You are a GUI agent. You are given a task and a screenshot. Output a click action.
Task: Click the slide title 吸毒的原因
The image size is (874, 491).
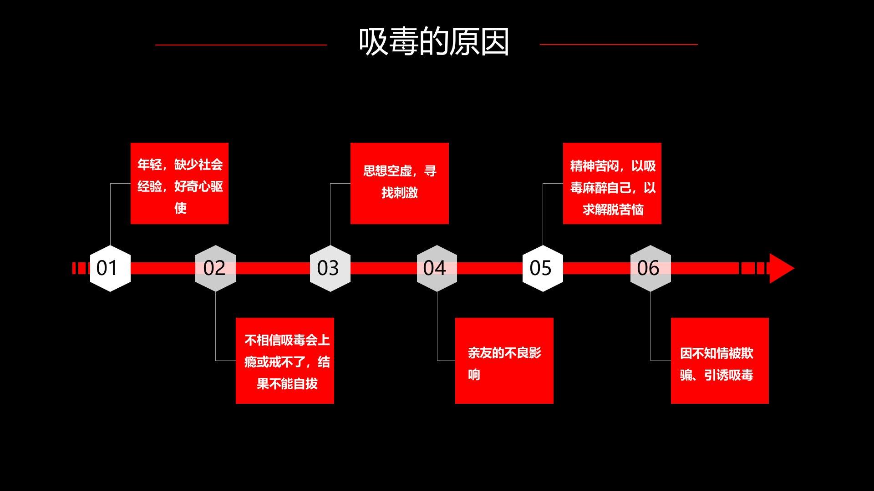433,42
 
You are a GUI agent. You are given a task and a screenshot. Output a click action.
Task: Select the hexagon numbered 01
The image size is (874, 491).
110,268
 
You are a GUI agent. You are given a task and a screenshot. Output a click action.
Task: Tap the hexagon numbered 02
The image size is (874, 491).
215,268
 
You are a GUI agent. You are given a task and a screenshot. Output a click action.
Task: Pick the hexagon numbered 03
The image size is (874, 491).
330,268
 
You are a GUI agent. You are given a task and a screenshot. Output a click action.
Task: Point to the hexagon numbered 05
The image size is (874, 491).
543,268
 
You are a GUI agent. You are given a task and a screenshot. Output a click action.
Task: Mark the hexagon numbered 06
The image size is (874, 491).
650,268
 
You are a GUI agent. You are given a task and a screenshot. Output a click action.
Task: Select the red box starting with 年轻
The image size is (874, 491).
179,183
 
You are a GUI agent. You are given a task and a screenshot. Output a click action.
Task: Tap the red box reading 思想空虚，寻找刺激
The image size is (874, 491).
399,183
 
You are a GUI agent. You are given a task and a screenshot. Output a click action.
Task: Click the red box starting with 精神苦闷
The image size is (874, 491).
612,183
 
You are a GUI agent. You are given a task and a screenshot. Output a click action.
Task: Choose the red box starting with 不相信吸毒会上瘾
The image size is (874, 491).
285,361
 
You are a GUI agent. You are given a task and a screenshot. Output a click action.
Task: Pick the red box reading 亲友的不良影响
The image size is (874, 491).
504,361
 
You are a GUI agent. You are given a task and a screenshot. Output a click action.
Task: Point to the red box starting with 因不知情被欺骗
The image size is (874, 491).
720,361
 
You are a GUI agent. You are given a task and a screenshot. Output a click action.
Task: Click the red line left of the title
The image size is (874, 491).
241,45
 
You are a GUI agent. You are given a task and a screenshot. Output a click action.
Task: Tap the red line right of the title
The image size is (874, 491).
618,45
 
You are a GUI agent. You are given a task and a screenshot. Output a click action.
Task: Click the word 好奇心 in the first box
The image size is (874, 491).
193,186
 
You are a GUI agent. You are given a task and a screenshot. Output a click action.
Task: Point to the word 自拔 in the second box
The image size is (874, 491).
305,384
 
